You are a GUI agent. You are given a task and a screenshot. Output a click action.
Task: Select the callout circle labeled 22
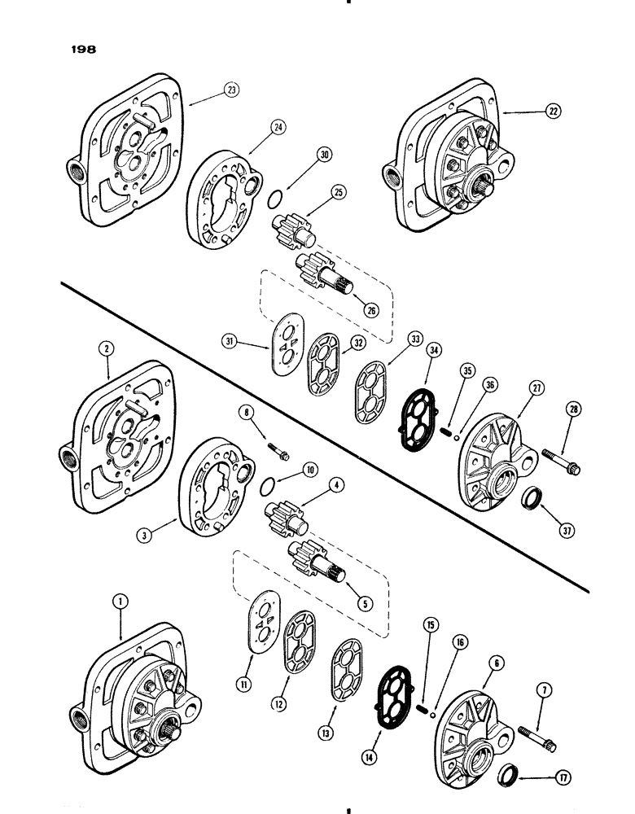point(554,113)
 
